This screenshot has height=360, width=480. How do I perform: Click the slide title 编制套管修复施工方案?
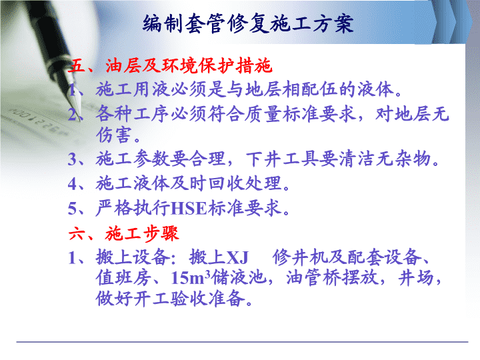click(248, 23)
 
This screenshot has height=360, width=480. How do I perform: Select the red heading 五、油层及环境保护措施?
click(170, 65)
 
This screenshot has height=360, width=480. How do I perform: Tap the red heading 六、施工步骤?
click(123, 234)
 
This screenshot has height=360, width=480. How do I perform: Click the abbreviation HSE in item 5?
click(189, 209)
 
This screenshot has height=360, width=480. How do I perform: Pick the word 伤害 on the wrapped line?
click(114, 135)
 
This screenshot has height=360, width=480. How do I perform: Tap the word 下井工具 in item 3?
click(283, 159)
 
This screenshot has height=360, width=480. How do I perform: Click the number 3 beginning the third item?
click(72, 160)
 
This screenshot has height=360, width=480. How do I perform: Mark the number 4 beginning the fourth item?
click(73, 184)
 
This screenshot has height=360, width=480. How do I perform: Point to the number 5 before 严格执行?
click(72, 209)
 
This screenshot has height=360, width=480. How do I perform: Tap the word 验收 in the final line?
click(189, 299)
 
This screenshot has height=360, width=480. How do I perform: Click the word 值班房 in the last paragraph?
click(123, 277)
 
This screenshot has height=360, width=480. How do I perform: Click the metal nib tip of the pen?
click(80, 120)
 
